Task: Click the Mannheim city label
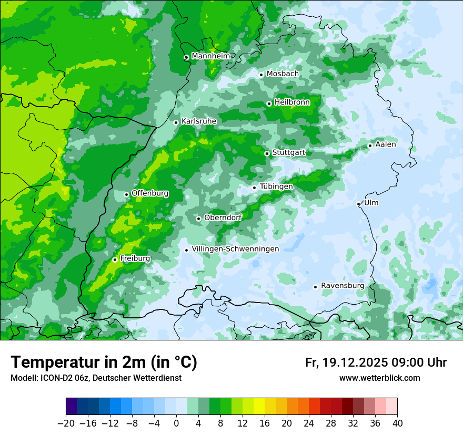click(x=210, y=56)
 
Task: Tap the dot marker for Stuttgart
click(x=267, y=153)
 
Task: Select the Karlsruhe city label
click(x=199, y=121)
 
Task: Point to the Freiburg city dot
click(x=115, y=259)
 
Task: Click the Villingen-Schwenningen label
click(x=235, y=249)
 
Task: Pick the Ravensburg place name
click(x=342, y=286)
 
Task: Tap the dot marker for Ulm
click(x=358, y=204)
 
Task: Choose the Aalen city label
click(x=386, y=144)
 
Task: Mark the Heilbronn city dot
click(x=269, y=103)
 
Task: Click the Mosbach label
click(x=283, y=74)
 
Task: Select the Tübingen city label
click(x=276, y=186)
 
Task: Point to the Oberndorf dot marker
click(x=198, y=219)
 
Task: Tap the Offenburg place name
click(x=150, y=193)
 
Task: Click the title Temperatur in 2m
click(x=104, y=362)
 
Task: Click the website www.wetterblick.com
click(x=379, y=378)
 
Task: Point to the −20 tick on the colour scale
click(x=66, y=423)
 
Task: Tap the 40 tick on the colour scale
click(x=397, y=423)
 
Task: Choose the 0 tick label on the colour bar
click(x=176, y=423)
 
